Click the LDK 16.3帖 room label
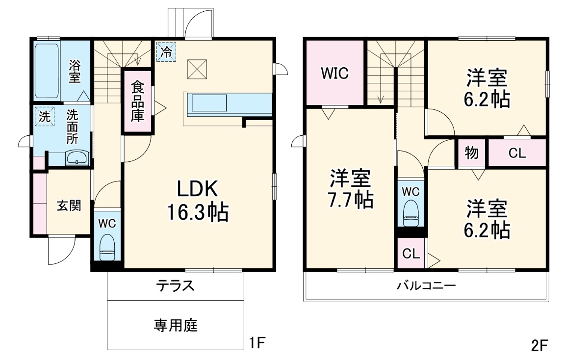198,201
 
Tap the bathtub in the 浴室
47,71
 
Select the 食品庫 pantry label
137,102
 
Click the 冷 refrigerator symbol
166,51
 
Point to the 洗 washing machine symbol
44,116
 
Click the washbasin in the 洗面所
77,157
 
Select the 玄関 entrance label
69,206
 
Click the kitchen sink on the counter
209,103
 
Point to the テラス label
175,286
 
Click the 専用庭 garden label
176,325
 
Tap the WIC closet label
335,73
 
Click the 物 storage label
472,153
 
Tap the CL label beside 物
517,153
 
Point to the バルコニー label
426,286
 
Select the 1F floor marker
257,343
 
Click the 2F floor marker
539,345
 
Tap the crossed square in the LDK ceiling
197,69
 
